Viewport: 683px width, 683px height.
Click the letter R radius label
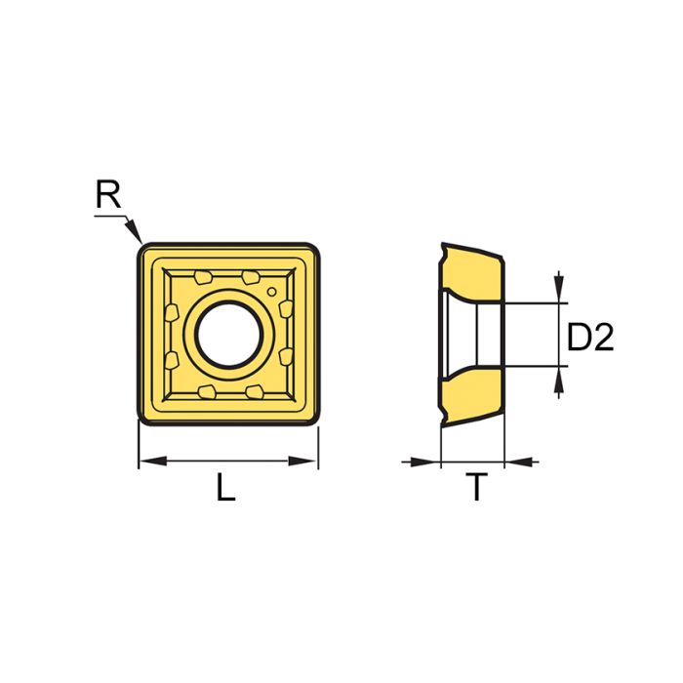[x=107, y=196]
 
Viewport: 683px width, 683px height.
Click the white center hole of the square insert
[x=228, y=334]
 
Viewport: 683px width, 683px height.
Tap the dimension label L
[x=226, y=488]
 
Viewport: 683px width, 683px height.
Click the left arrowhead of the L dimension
[x=146, y=461]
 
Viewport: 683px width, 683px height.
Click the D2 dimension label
[x=590, y=338]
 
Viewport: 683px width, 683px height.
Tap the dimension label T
[x=476, y=488]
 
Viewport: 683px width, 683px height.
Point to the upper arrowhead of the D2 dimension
[x=558, y=293]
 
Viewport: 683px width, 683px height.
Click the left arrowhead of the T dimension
[x=430, y=461]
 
